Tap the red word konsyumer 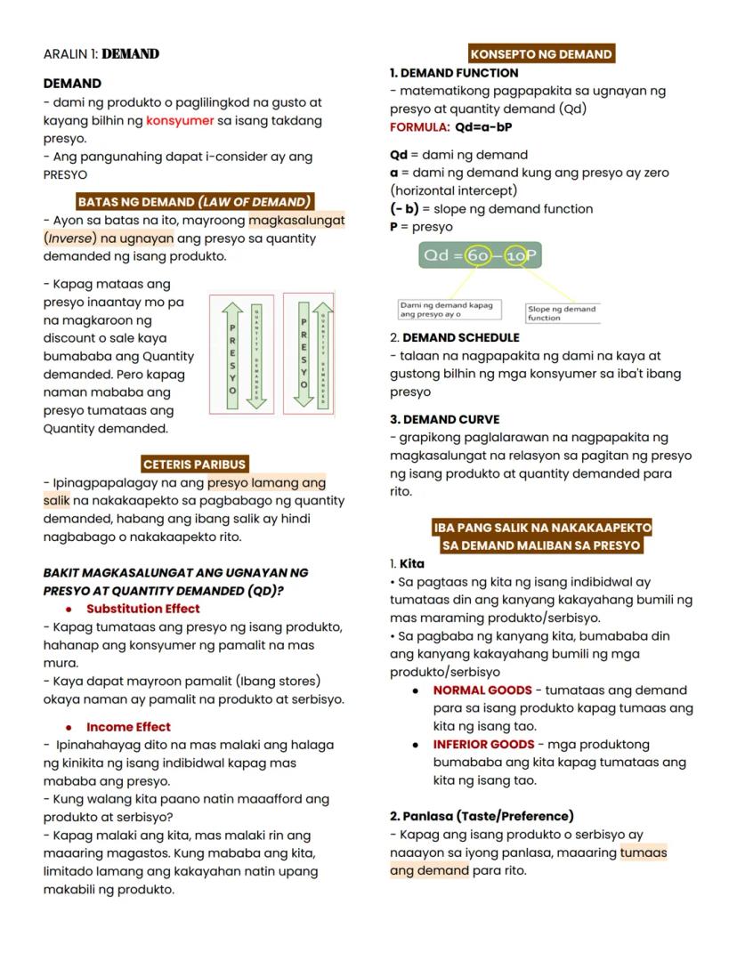(180, 120)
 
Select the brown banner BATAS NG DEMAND (194, 202)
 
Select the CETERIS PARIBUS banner (194, 464)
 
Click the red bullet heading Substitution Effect (142, 609)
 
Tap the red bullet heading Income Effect (128, 727)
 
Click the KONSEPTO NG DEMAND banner (540, 54)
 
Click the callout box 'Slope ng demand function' (561, 313)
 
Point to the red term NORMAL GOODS (482, 691)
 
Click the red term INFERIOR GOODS (483, 745)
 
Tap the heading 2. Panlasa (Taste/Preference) (481, 816)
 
